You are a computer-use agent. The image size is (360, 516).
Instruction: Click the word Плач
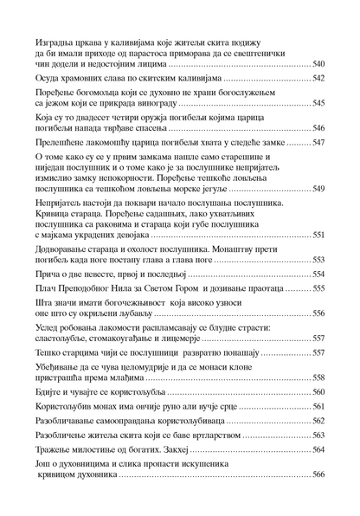coord(46,288)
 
